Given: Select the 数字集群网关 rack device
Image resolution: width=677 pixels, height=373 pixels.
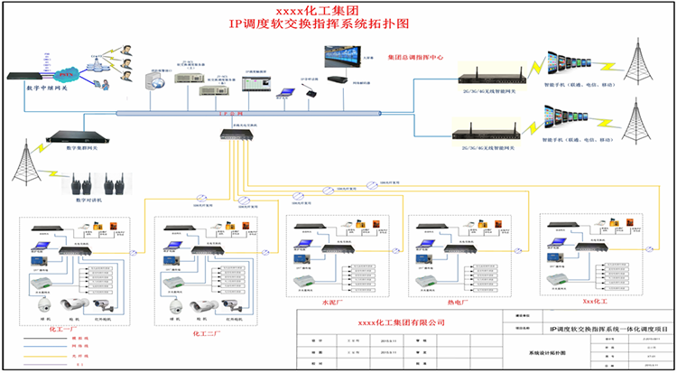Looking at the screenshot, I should tap(72, 137).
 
